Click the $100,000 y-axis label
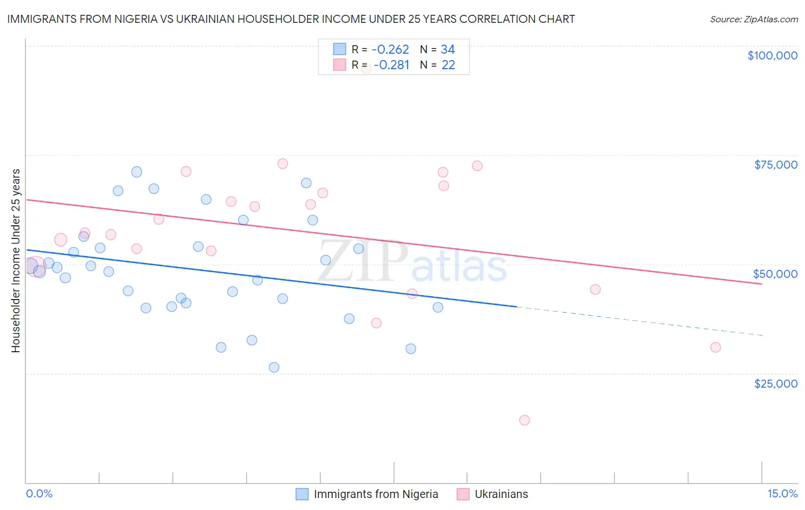[x=772, y=55]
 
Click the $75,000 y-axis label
[x=775, y=165]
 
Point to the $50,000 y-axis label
[x=775, y=274]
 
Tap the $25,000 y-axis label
[x=775, y=384]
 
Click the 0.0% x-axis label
[x=39, y=494]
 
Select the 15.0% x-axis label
[x=782, y=494]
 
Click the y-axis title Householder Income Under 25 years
[x=16, y=260]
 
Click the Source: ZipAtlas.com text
[x=753, y=19]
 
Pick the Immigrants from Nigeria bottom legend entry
[x=367, y=494]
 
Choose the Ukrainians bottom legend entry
[x=492, y=494]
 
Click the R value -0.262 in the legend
[x=390, y=49]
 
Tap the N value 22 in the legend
[x=448, y=65]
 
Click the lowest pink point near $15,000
[x=524, y=420]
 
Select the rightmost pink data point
[x=715, y=347]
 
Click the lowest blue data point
[x=274, y=367]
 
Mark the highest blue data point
[x=136, y=172]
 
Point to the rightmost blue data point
[x=438, y=307]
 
